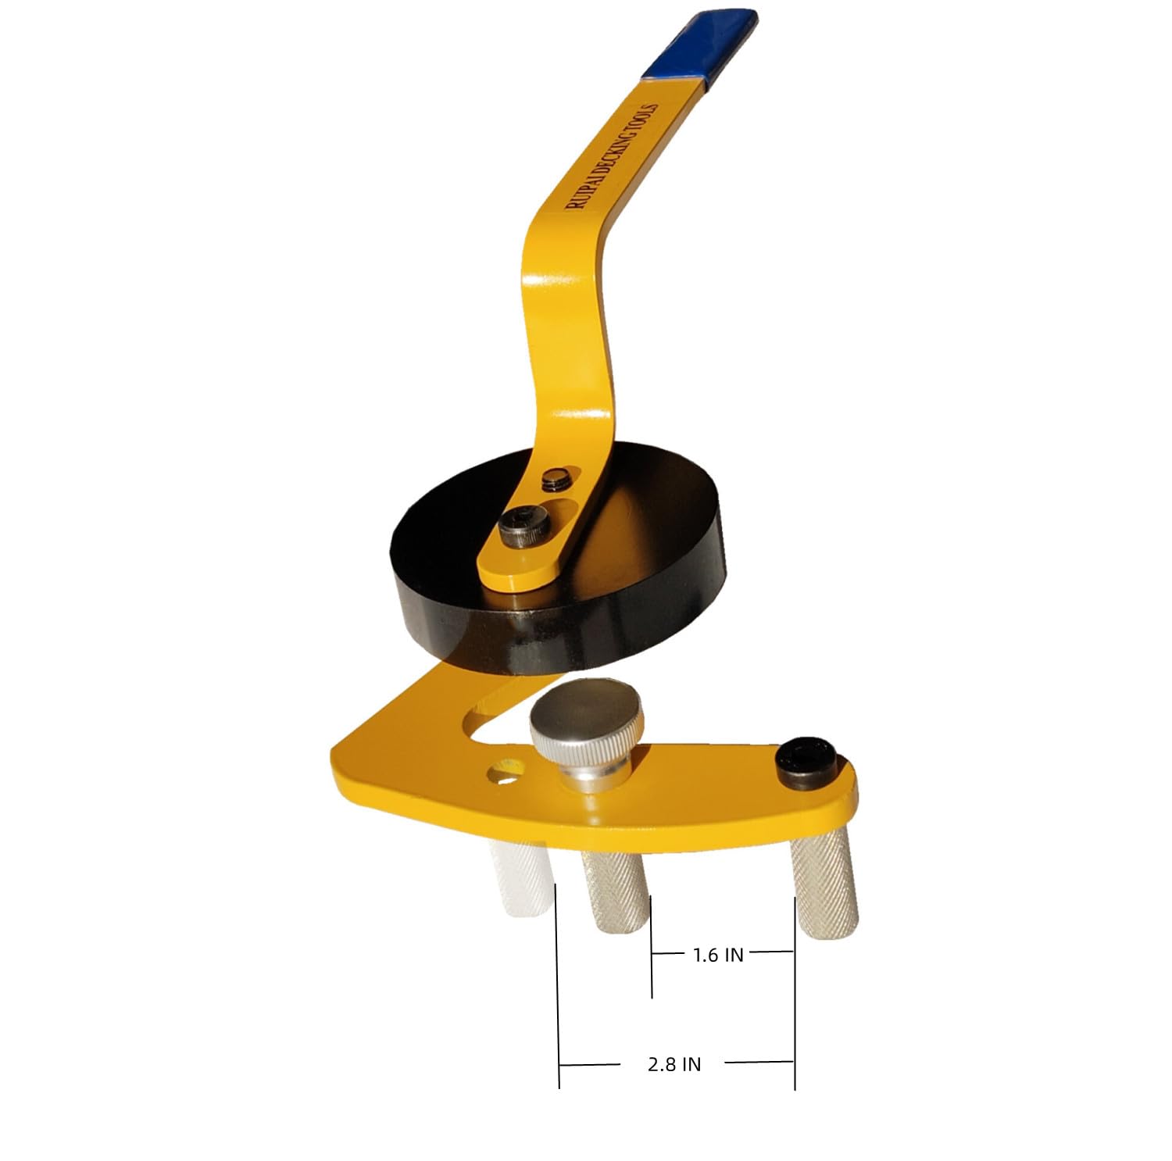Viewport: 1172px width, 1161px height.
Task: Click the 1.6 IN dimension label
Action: click(x=718, y=954)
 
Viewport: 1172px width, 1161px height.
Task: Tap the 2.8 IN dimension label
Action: click(x=674, y=1064)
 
